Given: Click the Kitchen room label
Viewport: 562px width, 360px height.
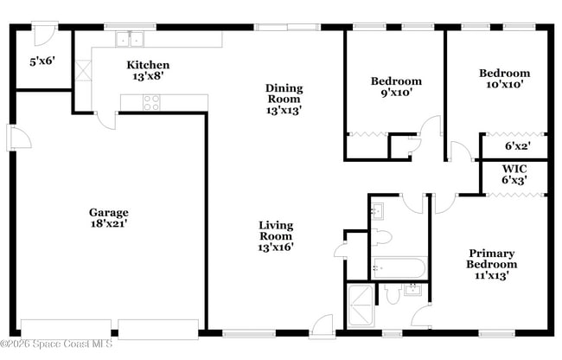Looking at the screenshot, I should pos(148,65).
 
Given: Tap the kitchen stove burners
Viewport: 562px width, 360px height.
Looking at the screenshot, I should pos(151,102).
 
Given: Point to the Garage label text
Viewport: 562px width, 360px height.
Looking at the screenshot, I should pos(109,213).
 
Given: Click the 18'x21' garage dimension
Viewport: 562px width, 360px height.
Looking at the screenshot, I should pos(109,224).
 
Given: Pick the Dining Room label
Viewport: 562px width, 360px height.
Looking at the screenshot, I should pos(284,93).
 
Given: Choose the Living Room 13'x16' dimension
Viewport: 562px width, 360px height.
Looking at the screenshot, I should pos(276,247).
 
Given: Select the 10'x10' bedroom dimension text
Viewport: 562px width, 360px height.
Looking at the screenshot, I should pos(504,85).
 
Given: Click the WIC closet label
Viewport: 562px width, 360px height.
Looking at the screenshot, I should pos(514,169).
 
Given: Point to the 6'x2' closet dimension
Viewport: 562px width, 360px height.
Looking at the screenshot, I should pos(515,146).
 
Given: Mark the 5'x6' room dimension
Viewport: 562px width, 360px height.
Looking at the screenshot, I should pos(42,61).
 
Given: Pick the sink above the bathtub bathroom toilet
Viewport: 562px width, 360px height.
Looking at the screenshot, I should pos(377,211).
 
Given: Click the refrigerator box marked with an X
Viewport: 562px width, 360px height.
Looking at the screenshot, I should pos(83,70).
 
